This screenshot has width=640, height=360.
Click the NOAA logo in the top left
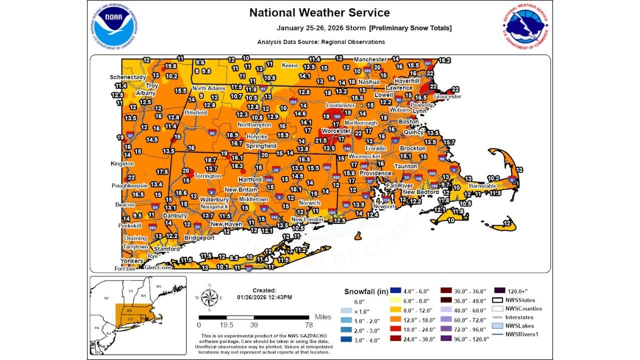(114, 27)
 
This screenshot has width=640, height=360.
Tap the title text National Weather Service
(319, 12)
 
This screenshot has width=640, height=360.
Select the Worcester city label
(336, 131)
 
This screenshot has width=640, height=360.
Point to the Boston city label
(408, 121)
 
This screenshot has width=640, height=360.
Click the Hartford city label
(249, 179)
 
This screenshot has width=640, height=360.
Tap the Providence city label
(375, 173)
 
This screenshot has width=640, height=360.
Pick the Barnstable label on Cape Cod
(482, 186)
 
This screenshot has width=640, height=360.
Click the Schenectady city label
(128, 77)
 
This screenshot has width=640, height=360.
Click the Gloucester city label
(447, 96)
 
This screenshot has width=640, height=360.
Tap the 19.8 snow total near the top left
(170, 66)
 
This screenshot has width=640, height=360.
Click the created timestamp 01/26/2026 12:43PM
(264, 297)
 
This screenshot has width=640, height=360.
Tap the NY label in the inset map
(106, 298)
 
